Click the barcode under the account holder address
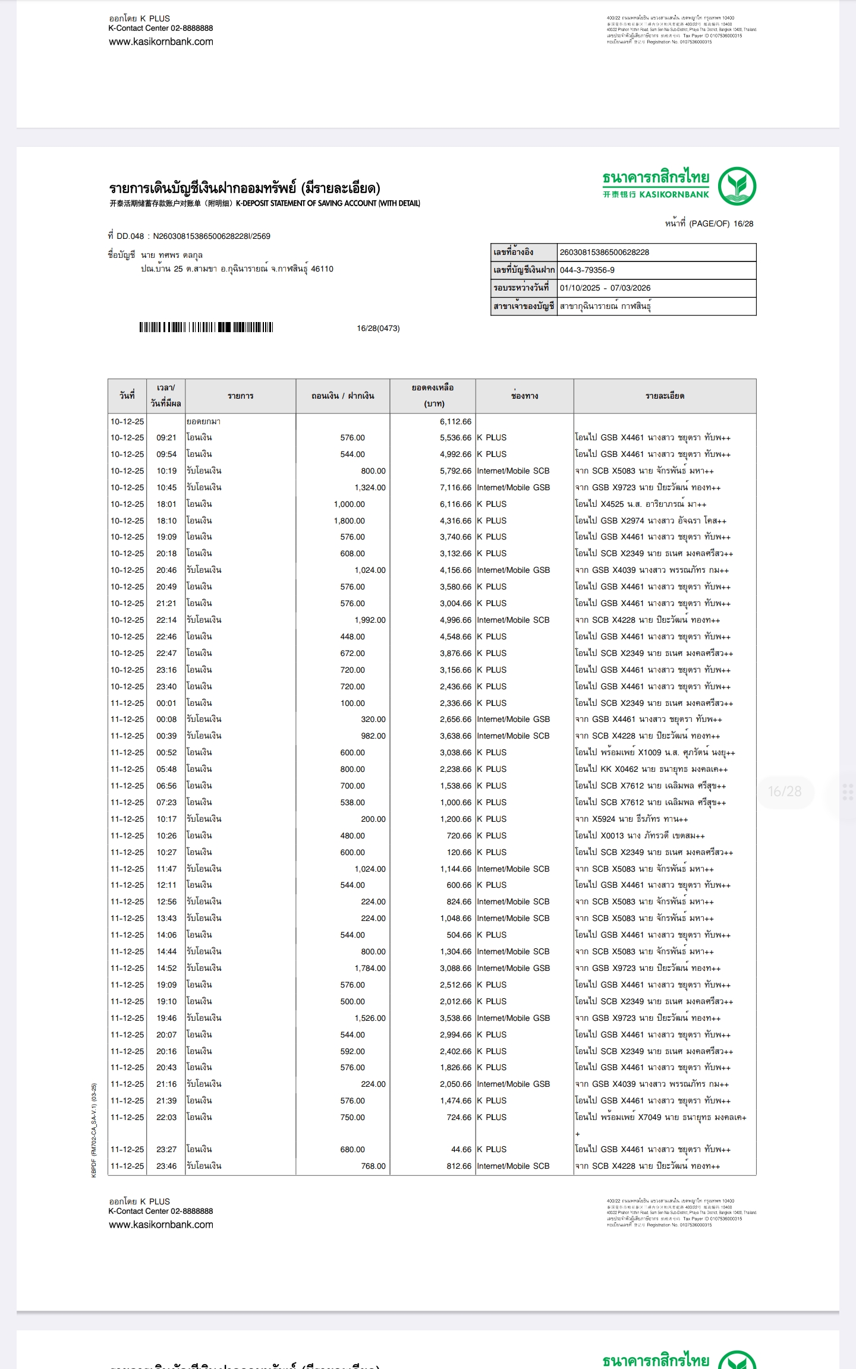tap(206, 327)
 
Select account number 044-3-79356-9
tap(587, 270)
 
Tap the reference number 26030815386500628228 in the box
tap(604, 253)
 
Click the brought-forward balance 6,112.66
tap(455, 422)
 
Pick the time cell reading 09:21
tap(166, 438)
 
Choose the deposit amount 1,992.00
tap(370, 620)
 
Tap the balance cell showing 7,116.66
tap(455, 488)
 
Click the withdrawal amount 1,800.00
tap(349, 521)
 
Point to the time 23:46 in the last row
tap(166, 1166)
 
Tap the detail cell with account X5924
tap(631, 819)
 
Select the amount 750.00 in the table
tap(353, 1118)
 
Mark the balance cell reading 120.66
tap(459, 853)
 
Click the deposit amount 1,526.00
tap(370, 1018)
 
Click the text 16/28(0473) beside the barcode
tap(378, 329)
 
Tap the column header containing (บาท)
tap(433, 396)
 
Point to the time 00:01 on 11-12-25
tap(166, 704)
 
